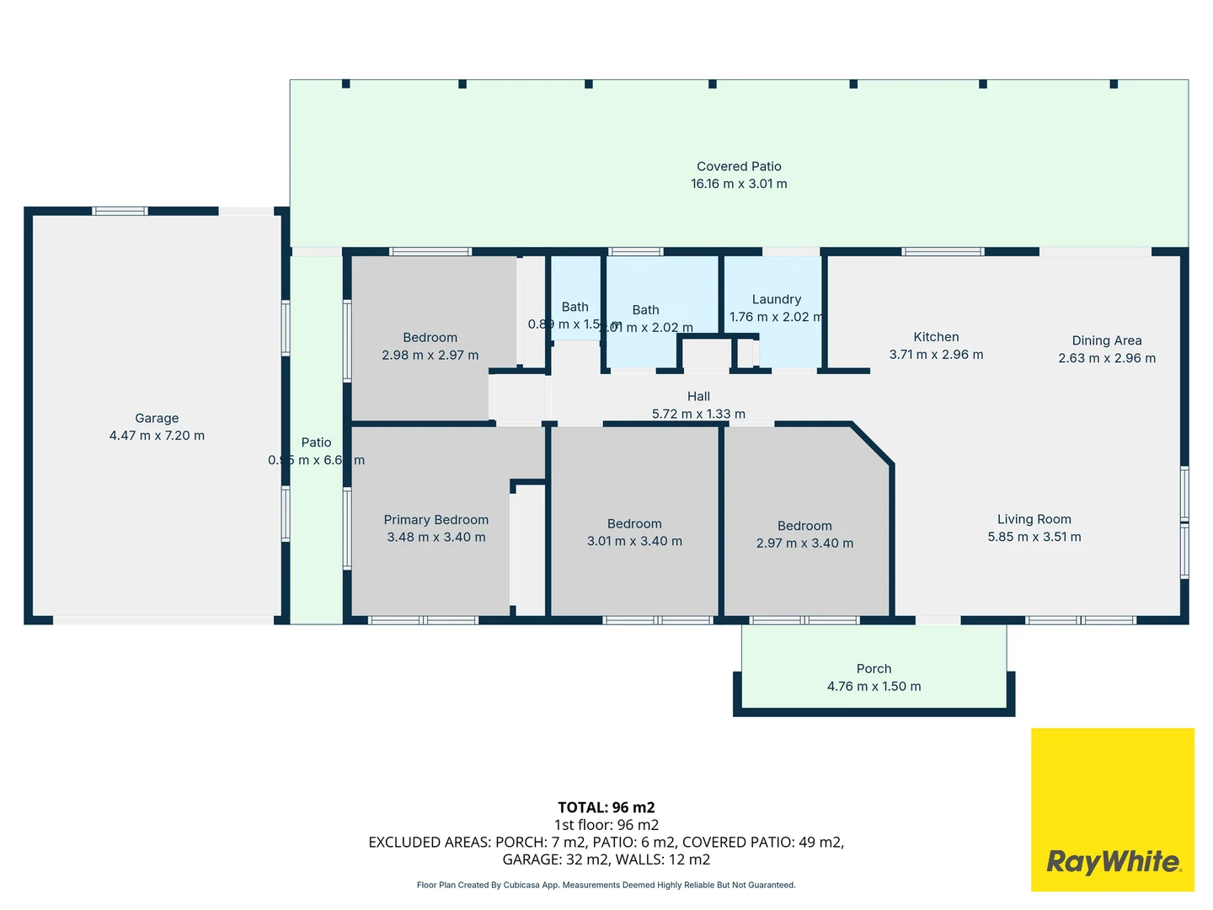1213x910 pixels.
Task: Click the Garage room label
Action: (x=157, y=418)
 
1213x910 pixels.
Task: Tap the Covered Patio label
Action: (x=739, y=166)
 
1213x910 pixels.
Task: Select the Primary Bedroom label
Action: (x=436, y=520)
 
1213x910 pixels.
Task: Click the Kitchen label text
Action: (x=936, y=337)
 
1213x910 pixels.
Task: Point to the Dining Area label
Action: (x=1106, y=340)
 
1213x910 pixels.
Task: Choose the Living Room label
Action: (x=1034, y=519)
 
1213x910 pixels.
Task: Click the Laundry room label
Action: (x=776, y=299)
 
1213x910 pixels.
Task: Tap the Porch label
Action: (x=874, y=669)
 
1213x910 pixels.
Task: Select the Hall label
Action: (x=698, y=396)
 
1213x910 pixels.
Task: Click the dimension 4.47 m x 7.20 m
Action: (x=157, y=436)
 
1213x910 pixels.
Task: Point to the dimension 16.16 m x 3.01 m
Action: (x=739, y=184)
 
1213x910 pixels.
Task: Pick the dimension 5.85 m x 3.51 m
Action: (x=1034, y=537)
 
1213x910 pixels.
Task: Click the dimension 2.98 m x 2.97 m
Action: (x=430, y=355)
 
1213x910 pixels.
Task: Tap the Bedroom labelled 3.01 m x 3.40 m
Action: (x=634, y=524)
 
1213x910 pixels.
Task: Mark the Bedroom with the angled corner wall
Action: (x=804, y=526)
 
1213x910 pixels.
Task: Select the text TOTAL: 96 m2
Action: (x=606, y=807)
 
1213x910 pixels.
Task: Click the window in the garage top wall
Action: (x=120, y=211)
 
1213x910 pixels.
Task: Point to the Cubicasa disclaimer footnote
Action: (x=606, y=885)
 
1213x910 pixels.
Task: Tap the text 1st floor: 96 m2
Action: (x=606, y=825)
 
